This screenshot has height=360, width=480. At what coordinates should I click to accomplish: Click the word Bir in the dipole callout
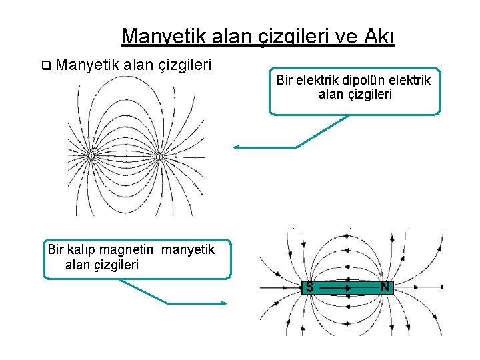tap(285, 81)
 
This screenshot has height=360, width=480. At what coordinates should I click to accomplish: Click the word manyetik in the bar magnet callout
tap(189, 250)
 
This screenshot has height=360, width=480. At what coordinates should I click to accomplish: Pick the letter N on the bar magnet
tap(385, 287)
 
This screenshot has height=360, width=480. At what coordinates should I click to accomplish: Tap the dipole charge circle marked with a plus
tap(159, 156)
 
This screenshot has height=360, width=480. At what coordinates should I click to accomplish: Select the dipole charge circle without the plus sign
tap(91, 156)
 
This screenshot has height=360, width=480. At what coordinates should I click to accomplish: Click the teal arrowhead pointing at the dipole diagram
tap(237, 147)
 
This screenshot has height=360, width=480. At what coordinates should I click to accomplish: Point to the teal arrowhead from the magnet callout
tap(224, 303)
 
